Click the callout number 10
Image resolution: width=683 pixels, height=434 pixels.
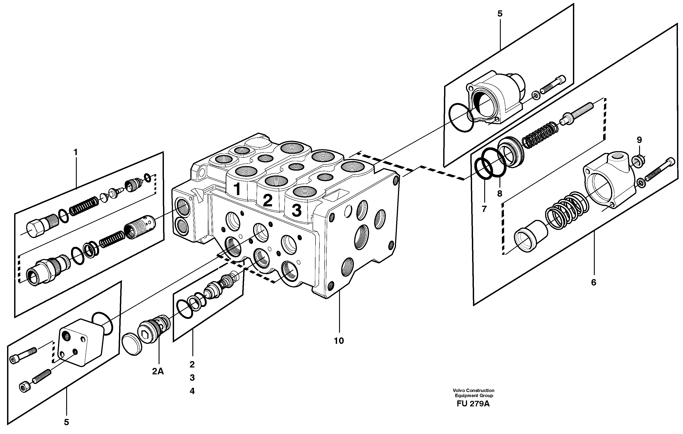339,341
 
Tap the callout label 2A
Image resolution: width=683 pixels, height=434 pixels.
158,371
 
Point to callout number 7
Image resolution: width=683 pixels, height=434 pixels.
484,209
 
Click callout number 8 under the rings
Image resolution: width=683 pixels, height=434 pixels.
499,194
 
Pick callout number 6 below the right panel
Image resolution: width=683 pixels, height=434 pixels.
593,282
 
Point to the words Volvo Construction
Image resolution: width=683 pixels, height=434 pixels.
473,390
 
